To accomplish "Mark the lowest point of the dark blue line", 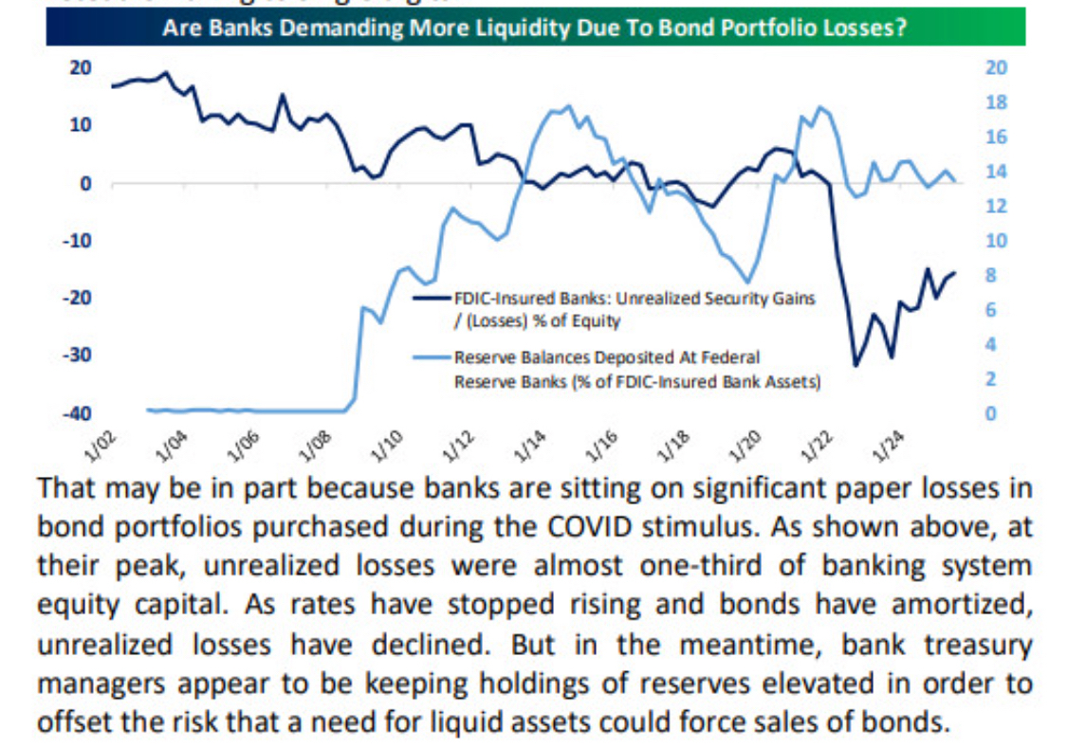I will (856, 366).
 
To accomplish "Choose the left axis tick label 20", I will (80, 67).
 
